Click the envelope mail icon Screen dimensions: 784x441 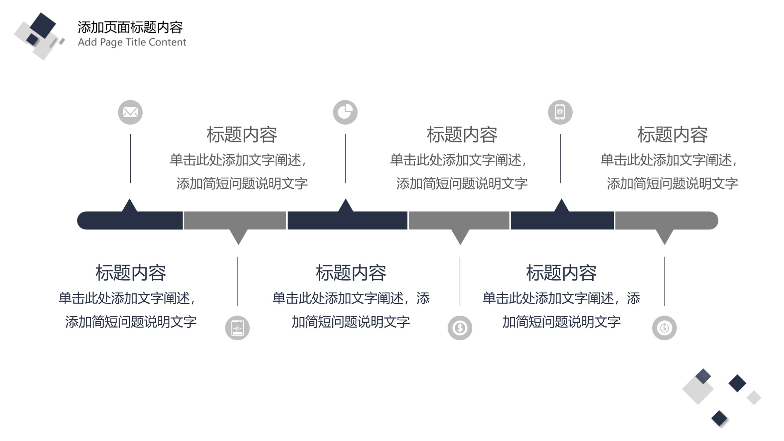(x=130, y=112)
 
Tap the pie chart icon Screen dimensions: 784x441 (x=345, y=112)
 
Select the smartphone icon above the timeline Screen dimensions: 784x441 (x=560, y=112)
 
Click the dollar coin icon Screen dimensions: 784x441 (x=460, y=328)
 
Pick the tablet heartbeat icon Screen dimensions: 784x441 (x=237, y=328)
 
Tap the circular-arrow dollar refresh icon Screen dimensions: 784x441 (x=664, y=328)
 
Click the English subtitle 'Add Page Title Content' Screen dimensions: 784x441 (x=132, y=42)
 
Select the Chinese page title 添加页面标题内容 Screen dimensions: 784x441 (x=130, y=27)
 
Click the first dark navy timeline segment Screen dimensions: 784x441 (x=130, y=220)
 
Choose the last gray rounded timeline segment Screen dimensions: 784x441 (x=667, y=220)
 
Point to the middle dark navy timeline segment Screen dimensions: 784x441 (x=347, y=220)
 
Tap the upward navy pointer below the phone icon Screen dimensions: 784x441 (x=561, y=205)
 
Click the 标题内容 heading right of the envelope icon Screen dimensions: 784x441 (x=242, y=134)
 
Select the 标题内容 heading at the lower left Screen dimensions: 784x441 (x=131, y=273)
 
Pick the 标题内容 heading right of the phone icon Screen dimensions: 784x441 (x=672, y=134)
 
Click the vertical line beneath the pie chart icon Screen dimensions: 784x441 (x=345, y=159)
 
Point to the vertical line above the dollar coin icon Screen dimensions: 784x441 (x=460, y=281)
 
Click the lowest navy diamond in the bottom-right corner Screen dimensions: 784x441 (x=719, y=418)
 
